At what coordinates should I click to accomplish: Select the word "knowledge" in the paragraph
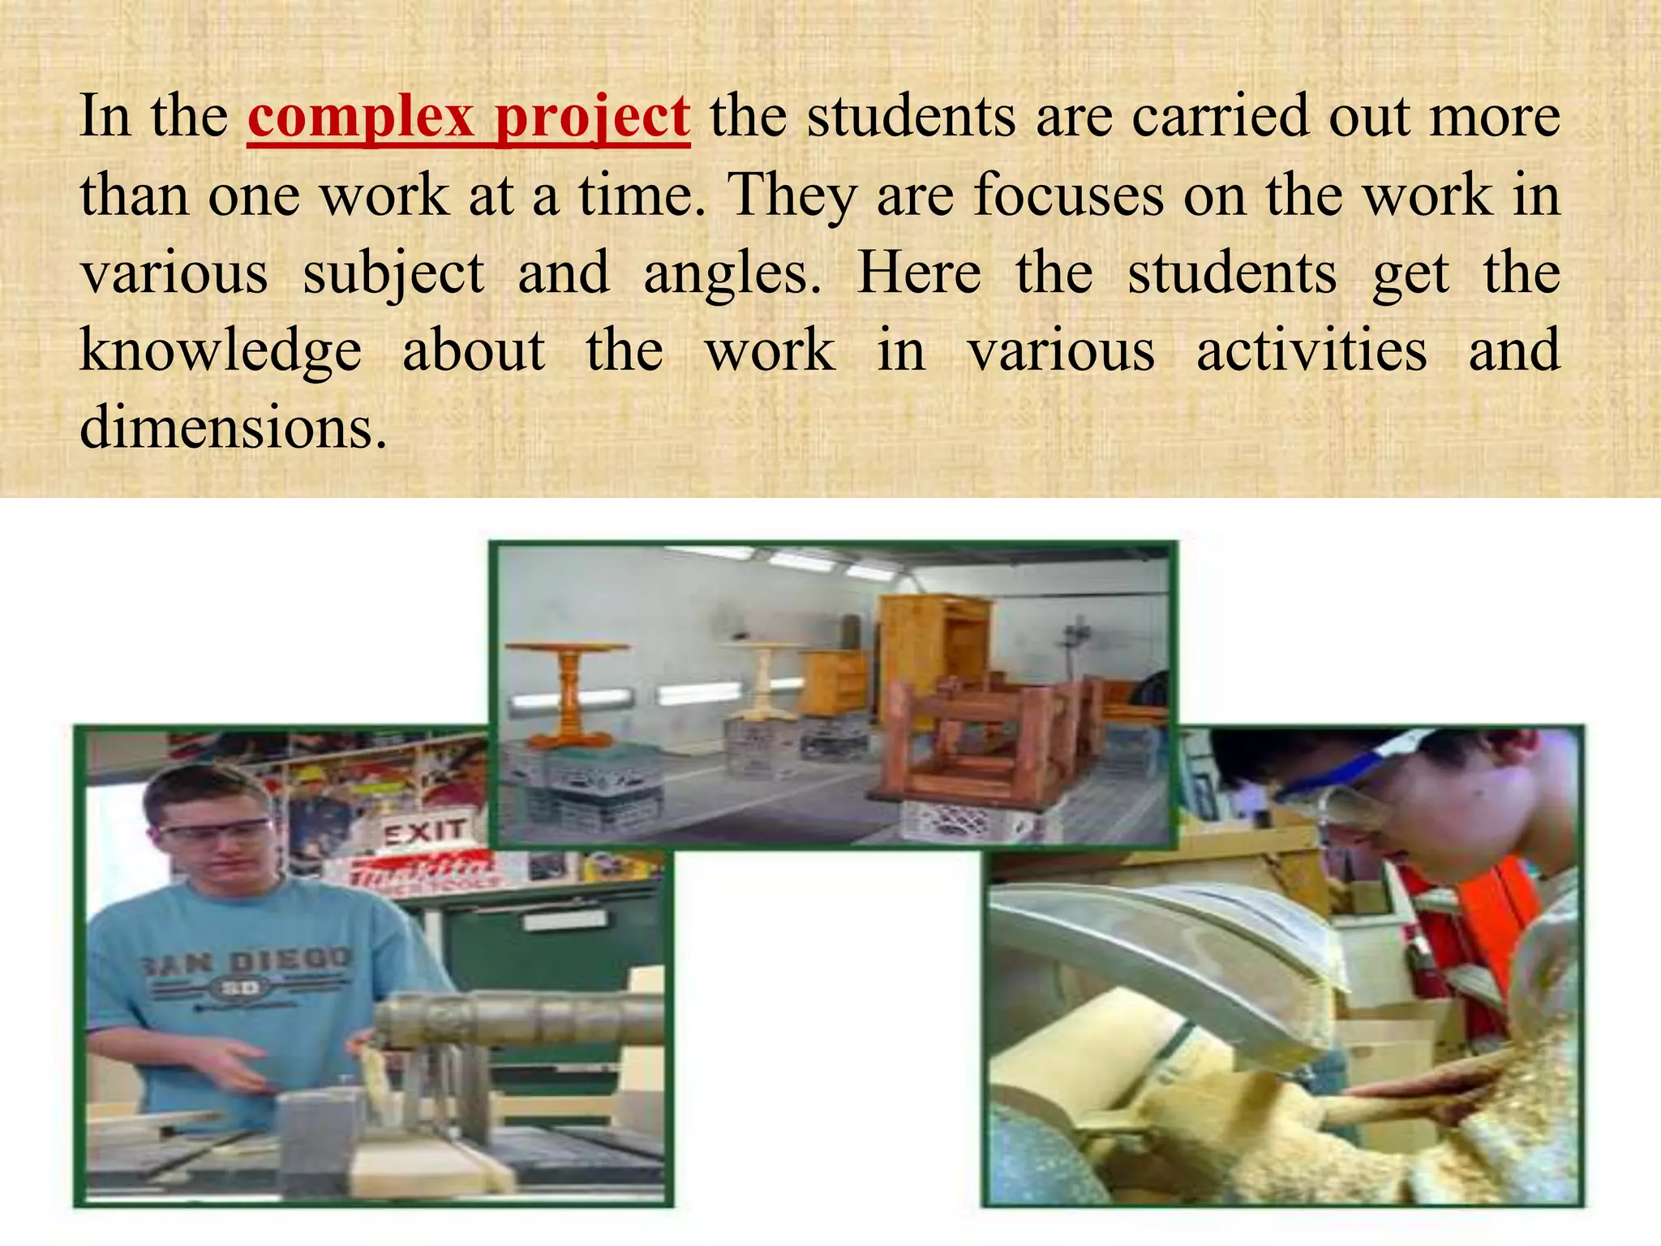coord(221,352)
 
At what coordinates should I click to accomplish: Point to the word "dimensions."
coord(234,428)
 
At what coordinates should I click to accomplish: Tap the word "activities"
coord(1311,350)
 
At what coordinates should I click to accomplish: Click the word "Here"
coord(919,273)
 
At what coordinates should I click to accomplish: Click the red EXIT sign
coord(424,831)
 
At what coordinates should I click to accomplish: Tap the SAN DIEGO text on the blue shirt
coord(247,963)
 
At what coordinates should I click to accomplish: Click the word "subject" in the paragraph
coord(393,274)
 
